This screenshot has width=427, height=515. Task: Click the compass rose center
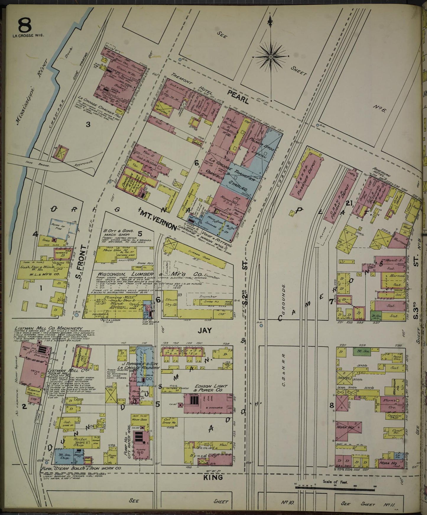(270, 56)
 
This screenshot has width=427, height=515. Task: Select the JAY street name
(205, 330)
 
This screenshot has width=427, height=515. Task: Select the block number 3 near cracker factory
(88, 124)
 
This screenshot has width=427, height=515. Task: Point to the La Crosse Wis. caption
(28, 35)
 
